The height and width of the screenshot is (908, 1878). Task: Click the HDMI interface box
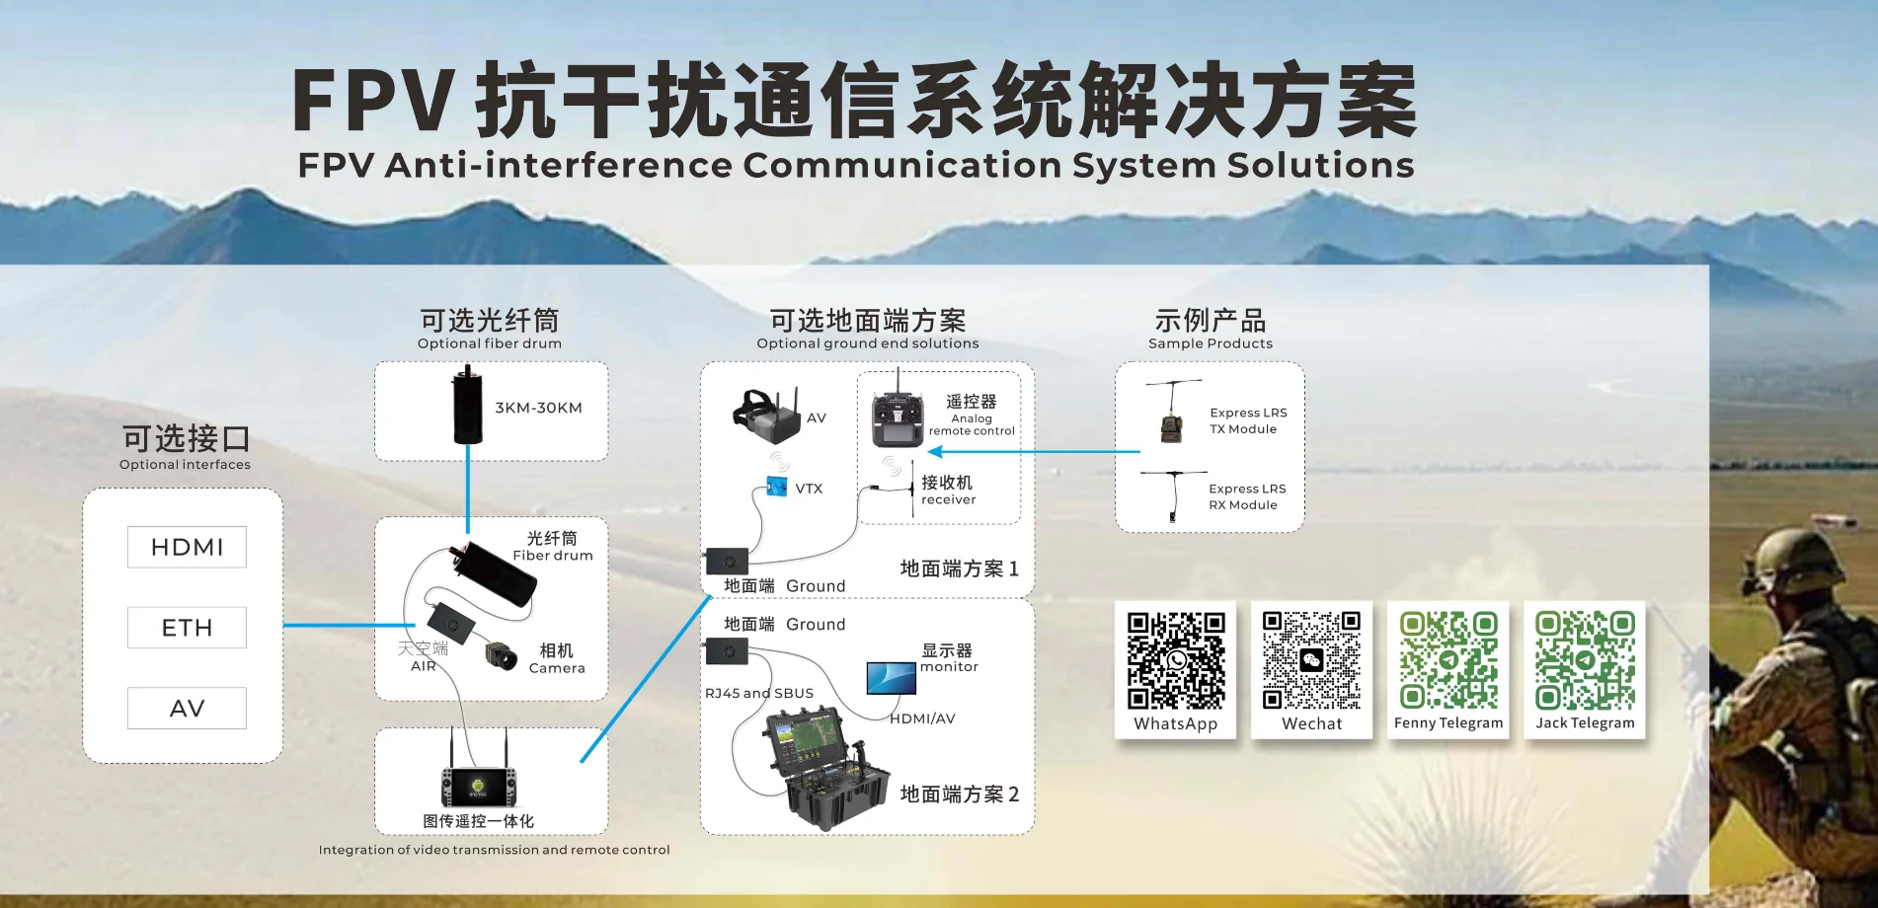[187, 547]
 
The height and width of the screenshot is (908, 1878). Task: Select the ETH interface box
[187, 628]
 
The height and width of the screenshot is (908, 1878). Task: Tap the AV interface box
[187, 708]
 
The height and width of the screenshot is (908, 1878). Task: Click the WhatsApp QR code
[1176, 660]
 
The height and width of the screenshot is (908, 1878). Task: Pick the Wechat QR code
[1311, 660]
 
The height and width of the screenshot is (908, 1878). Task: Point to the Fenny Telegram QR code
[1448, 660]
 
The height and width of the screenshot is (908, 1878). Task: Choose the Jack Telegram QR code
[1585, 660]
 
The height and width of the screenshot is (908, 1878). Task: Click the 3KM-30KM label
[538, 408]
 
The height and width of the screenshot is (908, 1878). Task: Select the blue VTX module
[777, 487]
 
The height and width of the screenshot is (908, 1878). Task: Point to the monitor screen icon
[892, 678]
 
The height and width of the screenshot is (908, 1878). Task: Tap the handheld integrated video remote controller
[479, 780]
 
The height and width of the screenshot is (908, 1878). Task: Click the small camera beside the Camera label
[502, 653]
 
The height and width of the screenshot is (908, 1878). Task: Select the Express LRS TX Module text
[1248, 420]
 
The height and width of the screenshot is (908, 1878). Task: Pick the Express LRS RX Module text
[1248, 496]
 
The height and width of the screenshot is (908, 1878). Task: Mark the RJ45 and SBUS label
[759, 693]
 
